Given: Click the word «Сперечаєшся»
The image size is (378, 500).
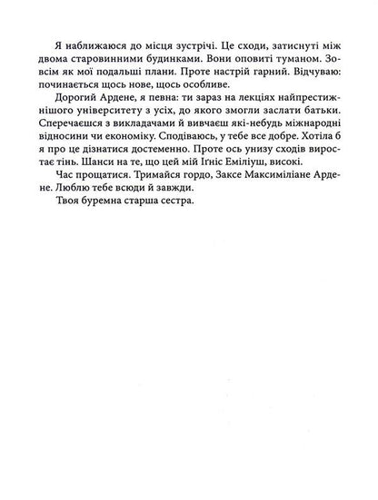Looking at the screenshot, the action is [75, 136].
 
